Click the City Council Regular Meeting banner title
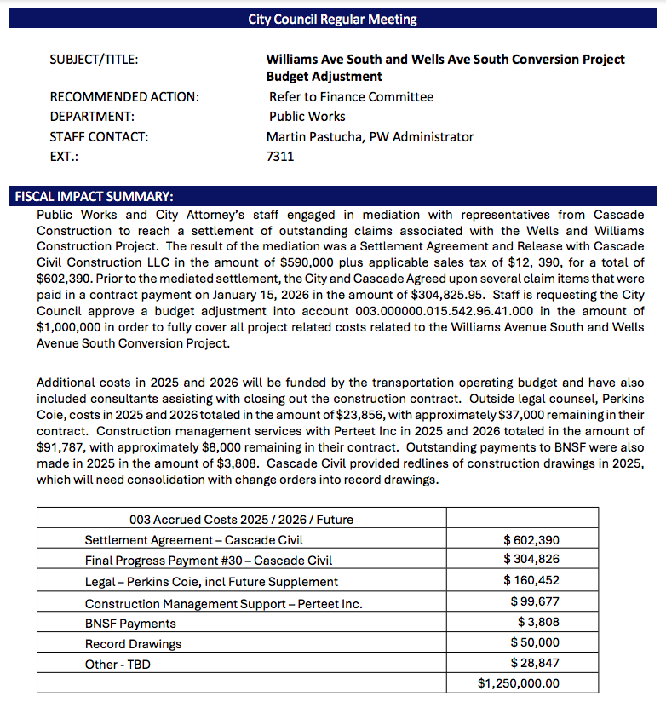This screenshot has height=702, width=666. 332,19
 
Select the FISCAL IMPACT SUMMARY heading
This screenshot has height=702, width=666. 95,196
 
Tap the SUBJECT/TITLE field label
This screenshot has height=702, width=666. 95,60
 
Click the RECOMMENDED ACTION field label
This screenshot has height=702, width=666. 124,97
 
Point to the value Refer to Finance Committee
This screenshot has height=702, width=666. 351,97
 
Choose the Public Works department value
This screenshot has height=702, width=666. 307,117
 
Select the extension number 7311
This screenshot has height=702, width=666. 280,157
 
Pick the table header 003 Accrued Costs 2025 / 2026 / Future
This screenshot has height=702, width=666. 241,519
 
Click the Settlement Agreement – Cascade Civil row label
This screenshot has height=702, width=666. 194,539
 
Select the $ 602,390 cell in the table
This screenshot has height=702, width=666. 531,539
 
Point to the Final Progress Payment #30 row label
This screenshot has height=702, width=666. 209,561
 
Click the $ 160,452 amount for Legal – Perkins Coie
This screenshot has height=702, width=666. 531,581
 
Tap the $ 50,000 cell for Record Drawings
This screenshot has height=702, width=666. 535,642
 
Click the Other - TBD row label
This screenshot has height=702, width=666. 118,663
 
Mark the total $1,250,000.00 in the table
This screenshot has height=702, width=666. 519,683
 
